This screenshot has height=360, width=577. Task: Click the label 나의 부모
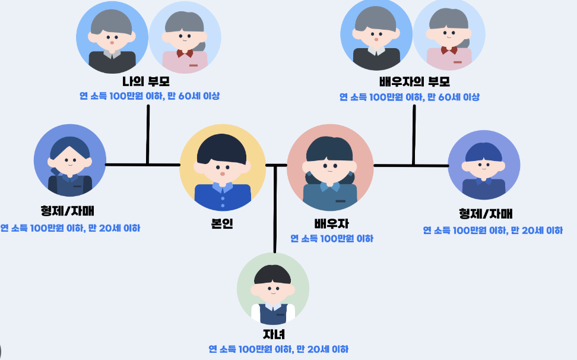146,82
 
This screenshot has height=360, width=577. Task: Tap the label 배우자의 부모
414,82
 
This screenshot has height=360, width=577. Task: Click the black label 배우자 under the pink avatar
331,223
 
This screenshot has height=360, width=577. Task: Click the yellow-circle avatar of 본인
223,168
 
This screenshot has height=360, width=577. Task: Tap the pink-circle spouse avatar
330,168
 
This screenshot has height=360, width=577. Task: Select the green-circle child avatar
273,289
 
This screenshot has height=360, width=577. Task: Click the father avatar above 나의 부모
112,37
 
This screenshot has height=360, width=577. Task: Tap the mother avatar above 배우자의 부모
449,37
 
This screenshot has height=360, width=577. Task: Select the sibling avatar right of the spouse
484,166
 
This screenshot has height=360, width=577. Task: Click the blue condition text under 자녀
278,349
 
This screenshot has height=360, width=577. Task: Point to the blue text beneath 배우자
332,239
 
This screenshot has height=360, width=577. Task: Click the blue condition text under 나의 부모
150,96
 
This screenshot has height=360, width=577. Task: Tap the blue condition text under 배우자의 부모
410,97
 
